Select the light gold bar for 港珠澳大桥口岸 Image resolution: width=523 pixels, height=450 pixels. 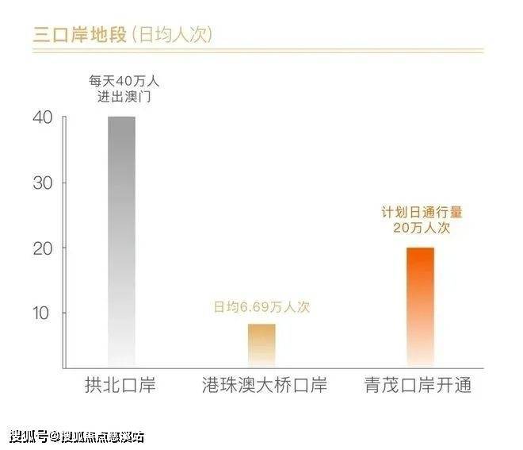pyautogui.click(x=261, y=345)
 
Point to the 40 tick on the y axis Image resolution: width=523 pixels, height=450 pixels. pyautogui.click(x=43, y=117)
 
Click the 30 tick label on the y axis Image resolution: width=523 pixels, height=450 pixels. pyautogui.click(x=43, y=183)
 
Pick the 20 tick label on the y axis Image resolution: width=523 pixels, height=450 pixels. pyautogui.click(x=43, y=248)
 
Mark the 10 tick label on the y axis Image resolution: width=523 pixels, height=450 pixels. pyautogui.click(x=43, y=313)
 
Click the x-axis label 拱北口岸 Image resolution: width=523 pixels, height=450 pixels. pyautogui.click(x=120, y=387)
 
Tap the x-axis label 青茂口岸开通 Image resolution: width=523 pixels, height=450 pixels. pyautogui.click(x=419, y=387)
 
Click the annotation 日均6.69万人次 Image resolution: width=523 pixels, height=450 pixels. pyautogui.click(x=261, y=307)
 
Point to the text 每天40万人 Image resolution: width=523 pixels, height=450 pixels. pyautogui.click(x=121, y=80)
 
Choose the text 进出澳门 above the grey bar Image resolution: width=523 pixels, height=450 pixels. pyautogui.click(x=121, y=97)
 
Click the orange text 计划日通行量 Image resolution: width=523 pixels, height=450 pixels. pyautogui.click(x=420, y=212)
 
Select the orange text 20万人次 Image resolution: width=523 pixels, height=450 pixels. pyautogui.click(x=420, y=228)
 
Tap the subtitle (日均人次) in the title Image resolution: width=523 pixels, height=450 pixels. pyautogui.click(x=170, y=35)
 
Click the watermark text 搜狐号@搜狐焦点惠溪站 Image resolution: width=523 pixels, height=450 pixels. pyautogui.click(x=77, y=435)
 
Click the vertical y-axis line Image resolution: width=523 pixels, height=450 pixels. pyautogui.click(x=63, y=238)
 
